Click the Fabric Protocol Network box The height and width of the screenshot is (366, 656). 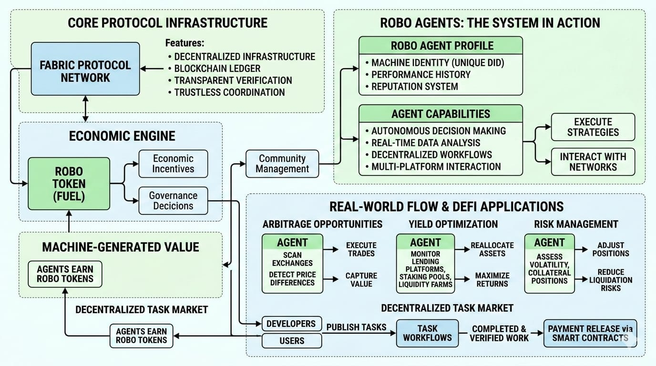85,69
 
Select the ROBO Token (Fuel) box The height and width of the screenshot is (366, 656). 69,184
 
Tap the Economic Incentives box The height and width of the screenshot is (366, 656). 173,164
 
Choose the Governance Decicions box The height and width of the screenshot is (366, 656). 173,201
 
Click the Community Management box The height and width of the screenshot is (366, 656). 282,163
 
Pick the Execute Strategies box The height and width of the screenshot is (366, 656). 593,127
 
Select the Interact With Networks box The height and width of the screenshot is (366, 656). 593,162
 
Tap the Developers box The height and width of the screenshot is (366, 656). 291,324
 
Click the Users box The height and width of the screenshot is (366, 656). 291,341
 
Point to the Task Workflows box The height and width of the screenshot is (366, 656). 427,333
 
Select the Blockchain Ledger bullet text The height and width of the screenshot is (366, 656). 217,69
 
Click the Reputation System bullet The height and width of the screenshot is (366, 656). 414,87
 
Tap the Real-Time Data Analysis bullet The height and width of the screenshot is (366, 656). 425,142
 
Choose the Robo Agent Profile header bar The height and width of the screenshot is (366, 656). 441,46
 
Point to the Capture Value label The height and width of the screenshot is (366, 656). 361,280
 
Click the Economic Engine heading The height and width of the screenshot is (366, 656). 122,136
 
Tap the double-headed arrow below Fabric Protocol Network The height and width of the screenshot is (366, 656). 85,109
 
